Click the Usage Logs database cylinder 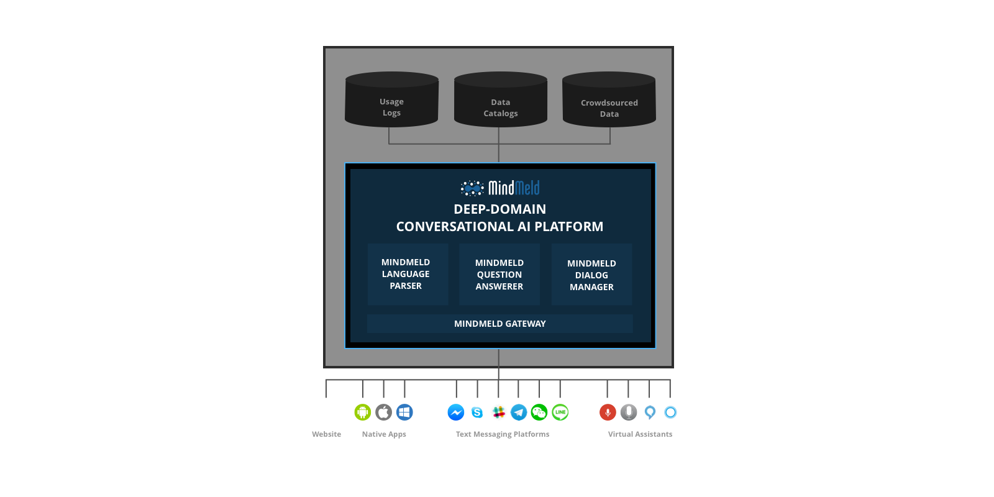392,99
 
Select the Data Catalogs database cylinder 501,99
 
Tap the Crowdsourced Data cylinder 609,99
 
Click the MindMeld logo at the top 500,188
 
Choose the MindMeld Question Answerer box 499,274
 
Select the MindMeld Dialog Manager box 591,274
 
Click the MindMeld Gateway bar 499,324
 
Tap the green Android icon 363,413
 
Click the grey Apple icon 384,413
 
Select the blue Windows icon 404,413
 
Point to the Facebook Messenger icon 456,413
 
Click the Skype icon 477,413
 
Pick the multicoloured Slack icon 498,413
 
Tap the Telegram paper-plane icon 519,413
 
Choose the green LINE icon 560,413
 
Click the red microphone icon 608,413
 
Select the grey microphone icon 629,413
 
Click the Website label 327,434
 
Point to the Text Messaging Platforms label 503,434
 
